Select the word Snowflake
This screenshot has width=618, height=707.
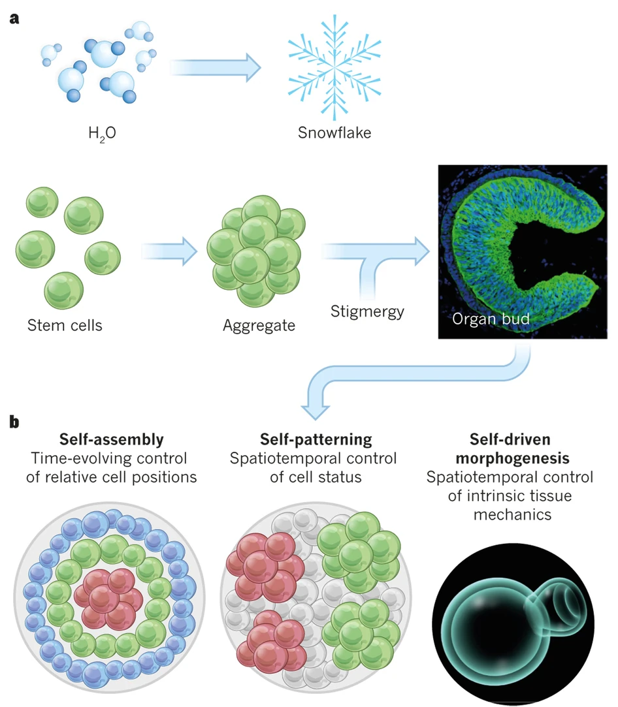pyautogui.click(x=334, y=133)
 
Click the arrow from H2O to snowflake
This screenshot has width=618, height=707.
pyautogui.click(x=212, y=67)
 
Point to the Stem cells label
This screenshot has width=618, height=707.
pyautogui.click(x=65, y=324)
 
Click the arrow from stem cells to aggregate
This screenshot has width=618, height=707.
pyautogui.click(x=169, y=248)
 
